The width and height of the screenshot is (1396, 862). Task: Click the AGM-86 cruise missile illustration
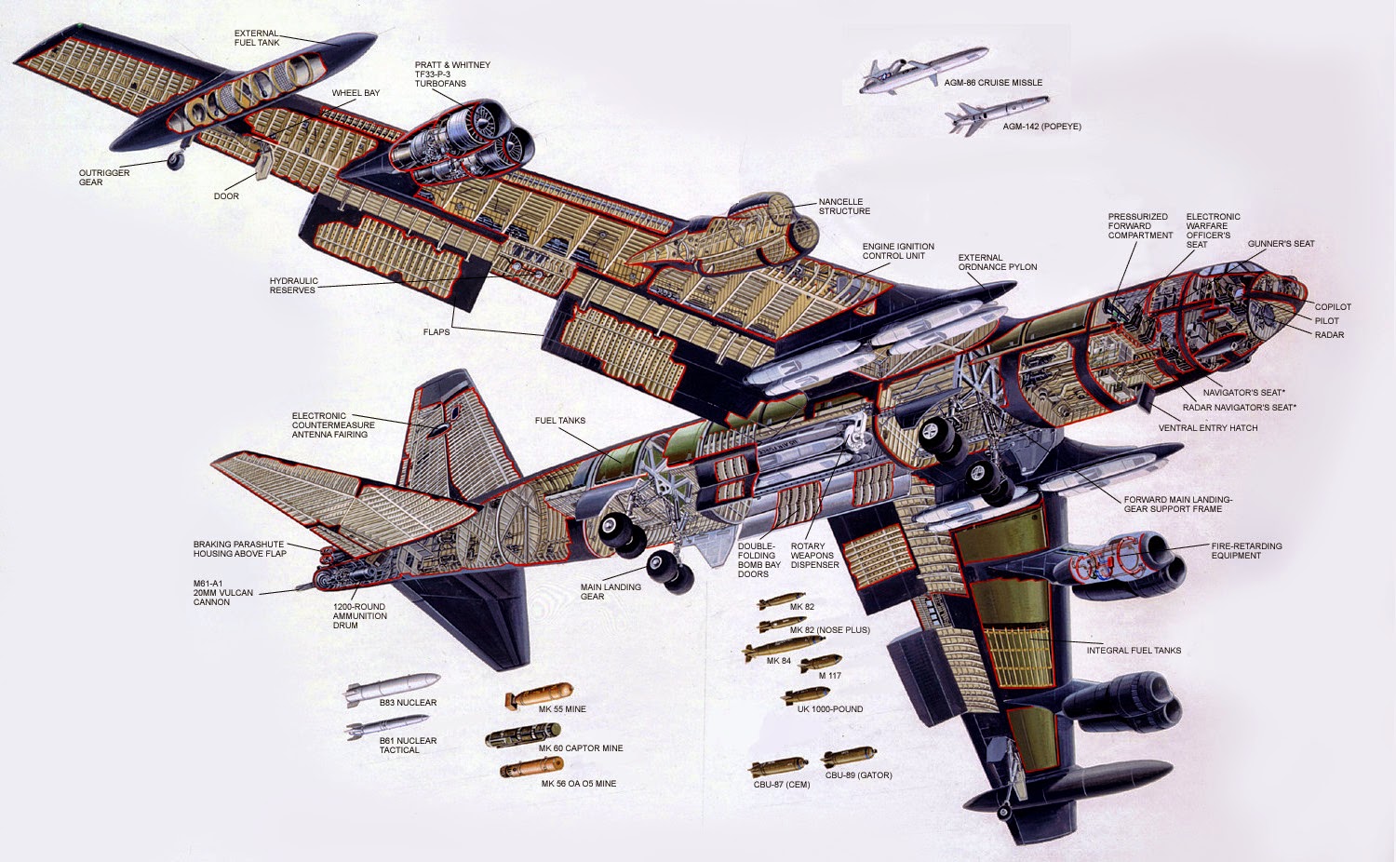point(898,74)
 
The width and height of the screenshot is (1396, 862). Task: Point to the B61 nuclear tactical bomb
point(386,726)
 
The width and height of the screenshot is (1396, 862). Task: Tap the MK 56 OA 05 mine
point(531,768)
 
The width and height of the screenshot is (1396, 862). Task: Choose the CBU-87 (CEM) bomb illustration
point(780,768)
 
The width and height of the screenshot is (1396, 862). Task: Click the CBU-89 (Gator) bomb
point(848,758)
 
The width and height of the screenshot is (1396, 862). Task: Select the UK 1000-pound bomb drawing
point(806,694)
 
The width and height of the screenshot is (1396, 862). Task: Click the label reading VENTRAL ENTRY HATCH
point(1207,428)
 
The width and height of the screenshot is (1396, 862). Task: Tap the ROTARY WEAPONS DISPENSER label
point(814,556)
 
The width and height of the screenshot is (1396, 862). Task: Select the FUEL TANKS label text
point(560,421)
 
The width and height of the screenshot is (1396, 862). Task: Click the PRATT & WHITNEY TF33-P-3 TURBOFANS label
point(452,74)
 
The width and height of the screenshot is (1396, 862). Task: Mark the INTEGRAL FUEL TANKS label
point(1134,651)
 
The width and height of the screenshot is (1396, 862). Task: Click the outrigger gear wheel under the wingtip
point(175,161)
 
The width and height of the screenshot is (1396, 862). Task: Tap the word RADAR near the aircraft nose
point(1329,335)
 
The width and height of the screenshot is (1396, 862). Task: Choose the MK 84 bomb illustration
point(771,650)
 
